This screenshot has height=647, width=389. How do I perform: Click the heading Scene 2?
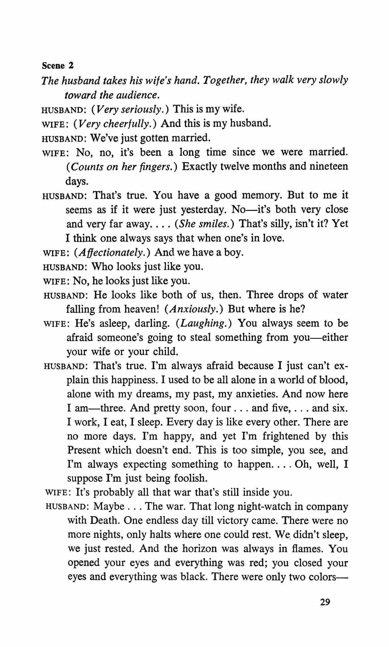click(58, 66)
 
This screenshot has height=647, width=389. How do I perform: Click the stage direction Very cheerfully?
click(115, 124)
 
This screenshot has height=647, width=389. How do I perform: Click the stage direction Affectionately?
click(112, 252)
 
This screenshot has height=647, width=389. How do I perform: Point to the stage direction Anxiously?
click(193, 309)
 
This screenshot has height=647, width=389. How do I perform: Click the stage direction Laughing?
click(204, 323)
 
